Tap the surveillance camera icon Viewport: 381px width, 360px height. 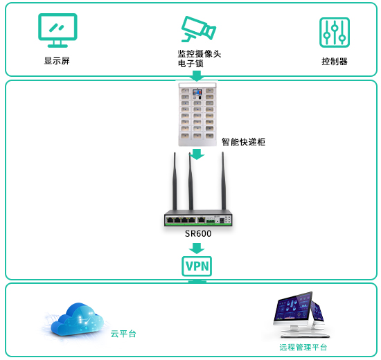click(199, 29)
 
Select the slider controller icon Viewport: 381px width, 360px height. click(335, 33)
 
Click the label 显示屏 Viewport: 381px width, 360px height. click(57, 61)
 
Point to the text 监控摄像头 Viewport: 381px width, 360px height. click(200, 54)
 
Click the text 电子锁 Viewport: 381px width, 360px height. click(190, 64)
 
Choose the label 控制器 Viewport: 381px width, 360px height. click(335, 62)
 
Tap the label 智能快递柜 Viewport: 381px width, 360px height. click(243, 142)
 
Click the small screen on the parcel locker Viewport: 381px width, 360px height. click(197, 92)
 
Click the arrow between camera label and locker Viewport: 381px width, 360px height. click(197, 75)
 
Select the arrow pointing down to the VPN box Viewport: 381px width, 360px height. click(197, 249)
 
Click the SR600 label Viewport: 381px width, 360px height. click(198, 234)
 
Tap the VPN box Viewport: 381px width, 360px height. click(197, 267)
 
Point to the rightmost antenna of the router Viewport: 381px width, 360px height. click(223, 181)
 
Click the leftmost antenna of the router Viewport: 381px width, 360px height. click(175, 181)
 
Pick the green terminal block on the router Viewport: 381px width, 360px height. click(211, 221)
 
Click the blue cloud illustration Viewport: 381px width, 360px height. click(77, 319)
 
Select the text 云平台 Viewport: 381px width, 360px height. click(123, 334)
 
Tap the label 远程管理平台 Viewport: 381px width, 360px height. click(303, 348)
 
